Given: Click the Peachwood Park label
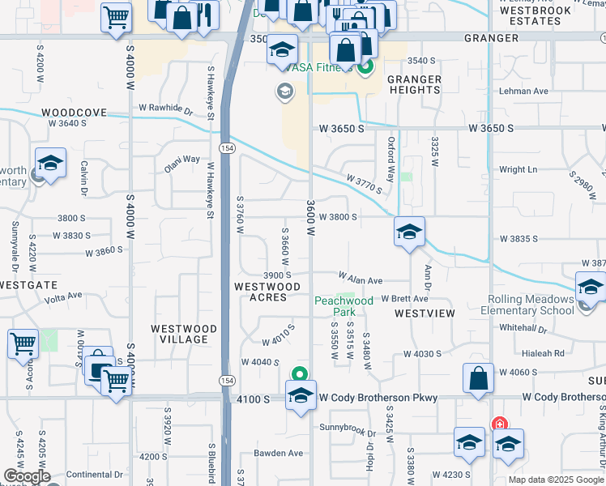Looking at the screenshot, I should (x=344, y=305).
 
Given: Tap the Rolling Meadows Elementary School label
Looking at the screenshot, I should (x=531, y=305).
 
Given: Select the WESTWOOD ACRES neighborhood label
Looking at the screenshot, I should (x=267, y=292).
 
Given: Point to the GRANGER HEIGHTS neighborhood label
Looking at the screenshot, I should (x=414, y=84).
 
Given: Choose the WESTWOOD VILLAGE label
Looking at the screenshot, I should (x=184, y=334).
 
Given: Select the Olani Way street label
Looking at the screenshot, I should (x=181, y=159).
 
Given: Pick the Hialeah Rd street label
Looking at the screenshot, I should (x=542, y=353).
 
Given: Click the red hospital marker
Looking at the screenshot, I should (x=500, y=424).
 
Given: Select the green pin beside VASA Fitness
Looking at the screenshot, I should (x=365, y=66).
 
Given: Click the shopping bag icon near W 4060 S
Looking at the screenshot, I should (x=478, y=377).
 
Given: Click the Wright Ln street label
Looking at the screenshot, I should (x=518, y=170).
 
